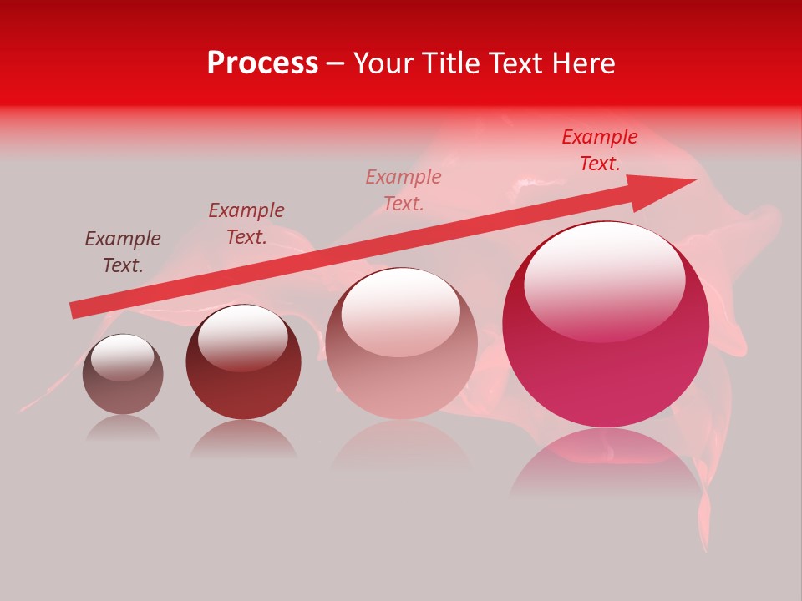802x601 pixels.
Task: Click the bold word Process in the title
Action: [262, 63]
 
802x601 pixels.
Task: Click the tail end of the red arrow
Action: [77, 310]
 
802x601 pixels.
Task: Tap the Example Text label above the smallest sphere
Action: [123, 252]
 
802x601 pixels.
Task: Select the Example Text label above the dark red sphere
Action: [246, 224]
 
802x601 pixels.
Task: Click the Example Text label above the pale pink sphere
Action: [404, 190]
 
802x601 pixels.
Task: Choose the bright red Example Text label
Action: [600, 150]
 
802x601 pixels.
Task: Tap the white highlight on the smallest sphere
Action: [122, 356]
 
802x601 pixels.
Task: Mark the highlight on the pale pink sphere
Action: [400, 311]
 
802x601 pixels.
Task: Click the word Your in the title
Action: [383, 63]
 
